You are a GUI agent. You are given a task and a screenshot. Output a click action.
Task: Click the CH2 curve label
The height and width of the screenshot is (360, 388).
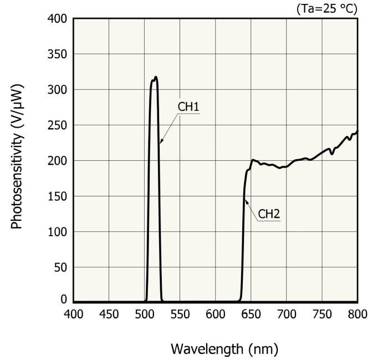click(x=269, y=214)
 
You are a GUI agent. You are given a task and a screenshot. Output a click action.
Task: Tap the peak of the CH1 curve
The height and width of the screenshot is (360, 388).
click(x=156, y=77)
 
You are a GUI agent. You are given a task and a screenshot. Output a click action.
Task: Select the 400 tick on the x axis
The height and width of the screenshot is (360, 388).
click(x=74, y=315)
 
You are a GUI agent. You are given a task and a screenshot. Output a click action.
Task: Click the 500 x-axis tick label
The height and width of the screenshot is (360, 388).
click(x=145, y=315)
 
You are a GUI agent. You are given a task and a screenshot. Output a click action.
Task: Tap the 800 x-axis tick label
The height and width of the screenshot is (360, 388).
click(x=358, y=315)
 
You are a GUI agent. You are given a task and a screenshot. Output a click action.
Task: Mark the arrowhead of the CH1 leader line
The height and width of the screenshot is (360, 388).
click(x=161, y=143)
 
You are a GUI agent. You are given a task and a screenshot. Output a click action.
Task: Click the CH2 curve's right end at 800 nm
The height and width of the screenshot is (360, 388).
click(x=358, y=131)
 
